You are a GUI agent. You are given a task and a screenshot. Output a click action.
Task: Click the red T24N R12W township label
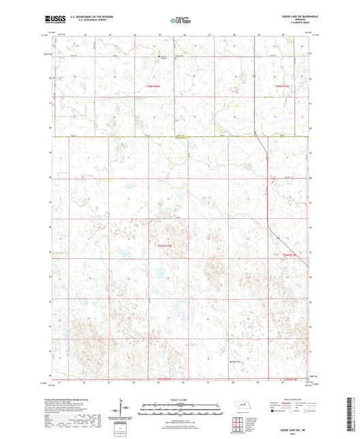tap(159, 245)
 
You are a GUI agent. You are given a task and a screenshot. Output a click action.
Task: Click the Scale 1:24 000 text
tap(181, 399)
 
